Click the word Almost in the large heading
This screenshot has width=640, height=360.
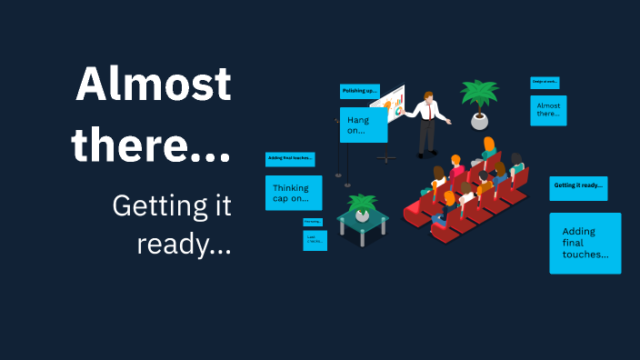click(153, 85)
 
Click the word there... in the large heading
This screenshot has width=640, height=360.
click(151, 144)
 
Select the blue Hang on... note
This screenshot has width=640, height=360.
click(364, 125)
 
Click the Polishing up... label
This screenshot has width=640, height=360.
click(359, 92)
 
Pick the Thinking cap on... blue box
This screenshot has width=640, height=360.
click(294, 193)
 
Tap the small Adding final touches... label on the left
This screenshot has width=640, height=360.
click(290, 159)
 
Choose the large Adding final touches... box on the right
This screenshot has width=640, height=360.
click(585, 243)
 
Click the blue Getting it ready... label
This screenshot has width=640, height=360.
click(578, 186)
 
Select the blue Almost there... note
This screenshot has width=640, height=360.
click(548, 111)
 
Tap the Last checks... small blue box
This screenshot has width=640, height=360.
click(315, 240)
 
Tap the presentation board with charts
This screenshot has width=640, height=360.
click(389, 106)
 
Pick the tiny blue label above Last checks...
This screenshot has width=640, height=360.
click(313, 222)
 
